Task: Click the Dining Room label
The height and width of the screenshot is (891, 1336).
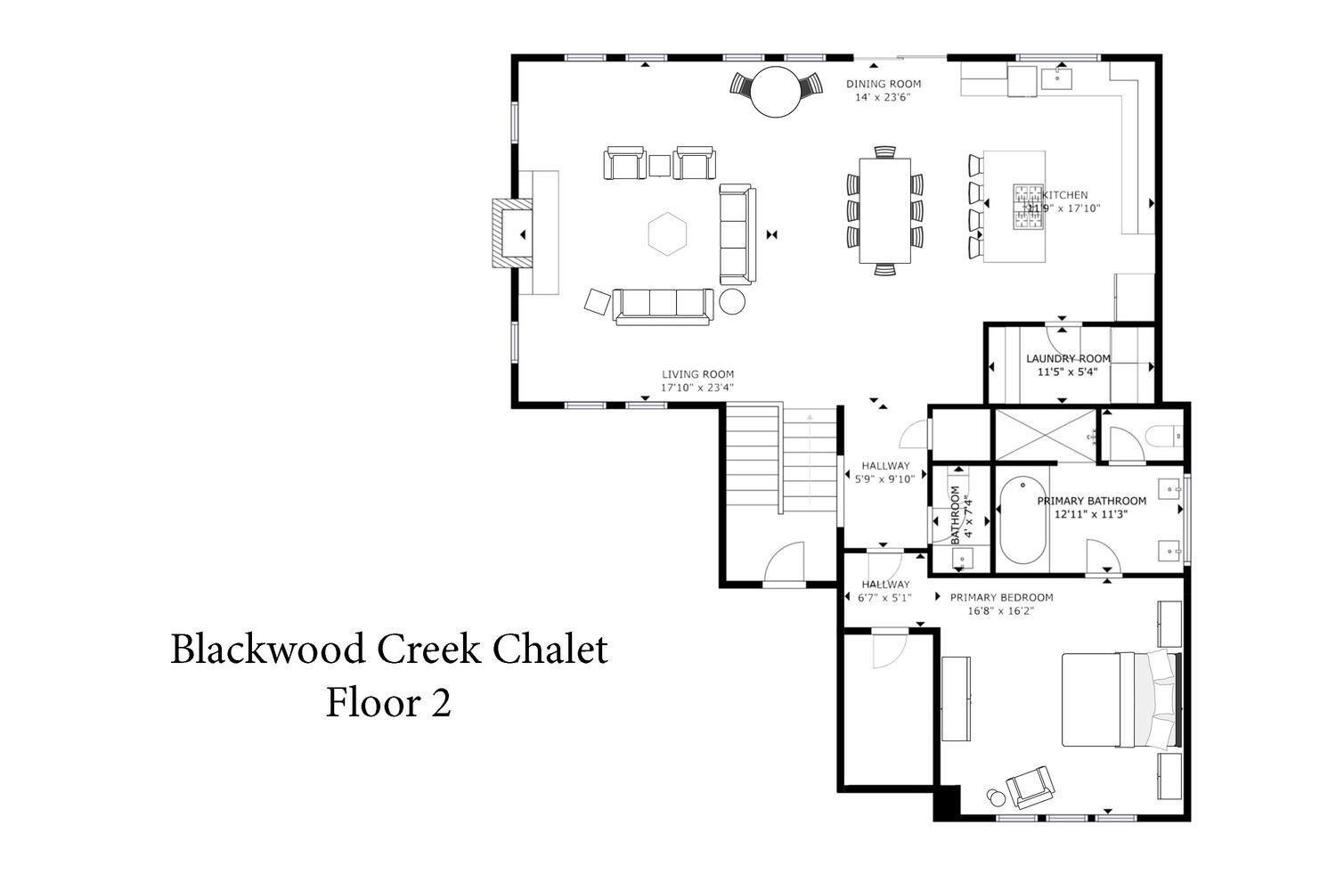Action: click(x=884, y=84)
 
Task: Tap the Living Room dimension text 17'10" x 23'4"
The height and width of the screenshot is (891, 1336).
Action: click(x=697, y=388)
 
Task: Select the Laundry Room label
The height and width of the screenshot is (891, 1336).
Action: click(x=1068, y=359)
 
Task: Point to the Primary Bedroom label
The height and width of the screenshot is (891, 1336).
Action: click(x=1001, y=597)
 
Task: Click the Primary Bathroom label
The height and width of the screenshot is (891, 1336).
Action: click(x=1091, y=502)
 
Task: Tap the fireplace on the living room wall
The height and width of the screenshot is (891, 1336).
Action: click(x=512, y=233)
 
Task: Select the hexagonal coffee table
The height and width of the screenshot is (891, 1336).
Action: click(x=667, y=234)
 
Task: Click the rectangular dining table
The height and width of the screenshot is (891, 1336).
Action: click(x=885, y=210)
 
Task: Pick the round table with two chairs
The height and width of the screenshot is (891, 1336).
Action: click(x=776, y=91)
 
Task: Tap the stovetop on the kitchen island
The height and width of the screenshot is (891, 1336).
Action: click(x=1028, y=207)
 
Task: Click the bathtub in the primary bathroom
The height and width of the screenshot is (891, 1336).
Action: click(x=1022, y=519)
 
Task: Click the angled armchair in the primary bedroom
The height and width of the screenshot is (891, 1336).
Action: click(x=1030, y=787)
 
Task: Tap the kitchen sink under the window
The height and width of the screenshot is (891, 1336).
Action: click(x=1056, y=78)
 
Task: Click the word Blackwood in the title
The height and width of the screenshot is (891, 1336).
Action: click(x=268, y=650)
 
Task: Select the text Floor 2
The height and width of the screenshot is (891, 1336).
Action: click(x=388, y=702)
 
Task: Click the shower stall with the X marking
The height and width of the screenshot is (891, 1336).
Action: click(x=1046, y=436)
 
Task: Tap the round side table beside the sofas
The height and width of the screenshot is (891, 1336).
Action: click(x=732, y=301)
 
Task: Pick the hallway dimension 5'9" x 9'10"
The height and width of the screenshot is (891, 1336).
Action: click(x=884, y=478)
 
